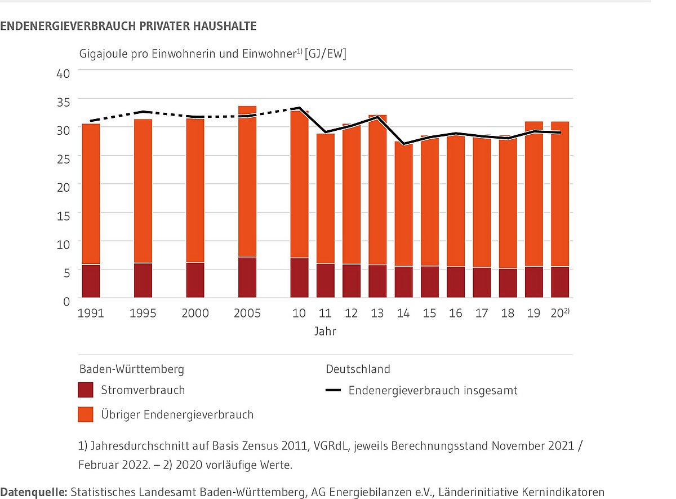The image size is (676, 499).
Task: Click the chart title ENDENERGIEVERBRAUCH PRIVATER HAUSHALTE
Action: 128,26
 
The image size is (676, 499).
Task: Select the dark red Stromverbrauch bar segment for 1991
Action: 91,281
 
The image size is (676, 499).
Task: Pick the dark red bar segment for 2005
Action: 247,277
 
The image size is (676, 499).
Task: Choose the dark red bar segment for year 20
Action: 559,282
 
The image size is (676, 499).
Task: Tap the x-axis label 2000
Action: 195,313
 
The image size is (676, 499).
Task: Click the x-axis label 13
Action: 377,313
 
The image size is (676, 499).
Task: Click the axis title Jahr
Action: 325,332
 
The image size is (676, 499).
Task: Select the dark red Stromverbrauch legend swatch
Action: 86,390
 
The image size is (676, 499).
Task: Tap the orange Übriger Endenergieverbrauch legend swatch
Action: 86,415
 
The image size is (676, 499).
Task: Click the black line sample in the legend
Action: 333,390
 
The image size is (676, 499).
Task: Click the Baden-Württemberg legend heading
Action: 131,369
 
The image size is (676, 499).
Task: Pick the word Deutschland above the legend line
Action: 358,369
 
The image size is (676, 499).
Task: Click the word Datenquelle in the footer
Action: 33,492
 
